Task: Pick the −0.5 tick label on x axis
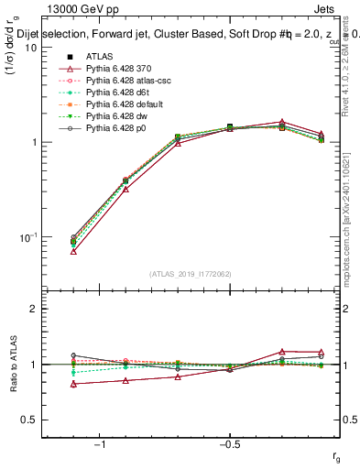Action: [229, 444]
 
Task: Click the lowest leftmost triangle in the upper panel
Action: [73, 250]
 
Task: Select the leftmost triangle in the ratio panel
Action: [73, 384]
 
